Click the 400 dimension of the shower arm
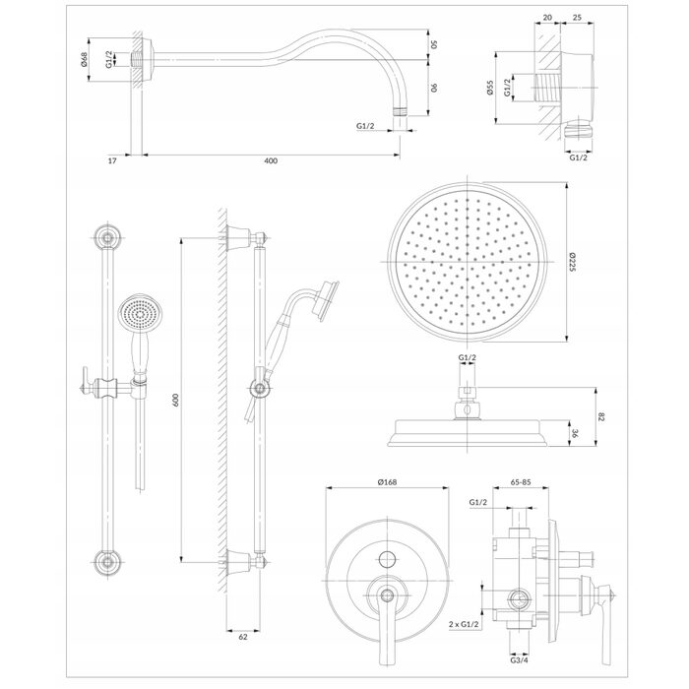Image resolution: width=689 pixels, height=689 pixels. point(271,160)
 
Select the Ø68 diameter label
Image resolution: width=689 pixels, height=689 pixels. point(84,59)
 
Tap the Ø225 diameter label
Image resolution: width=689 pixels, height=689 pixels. point(572,262)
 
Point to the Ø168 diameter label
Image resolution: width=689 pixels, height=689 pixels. point(387,482)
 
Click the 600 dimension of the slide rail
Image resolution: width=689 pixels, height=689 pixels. point(175,400)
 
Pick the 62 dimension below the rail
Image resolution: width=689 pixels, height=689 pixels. point(243,637)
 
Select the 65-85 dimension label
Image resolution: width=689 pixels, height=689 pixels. point(521,482)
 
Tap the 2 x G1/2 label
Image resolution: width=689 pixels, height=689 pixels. point(464,624)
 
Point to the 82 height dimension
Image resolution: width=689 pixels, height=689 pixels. point(601,417)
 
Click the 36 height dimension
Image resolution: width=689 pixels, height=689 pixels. point(575,433)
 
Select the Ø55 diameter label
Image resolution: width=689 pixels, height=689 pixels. point(491,88)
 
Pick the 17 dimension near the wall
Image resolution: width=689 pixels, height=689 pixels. point(112,160)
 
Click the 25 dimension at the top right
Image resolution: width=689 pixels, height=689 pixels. point(578,18)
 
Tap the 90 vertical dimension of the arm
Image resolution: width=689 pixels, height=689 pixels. point(433,88)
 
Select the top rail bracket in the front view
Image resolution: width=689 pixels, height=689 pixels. point(107,238)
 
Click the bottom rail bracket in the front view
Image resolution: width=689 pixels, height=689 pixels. point(107,562)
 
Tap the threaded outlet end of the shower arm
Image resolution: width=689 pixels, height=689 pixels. point(400,110)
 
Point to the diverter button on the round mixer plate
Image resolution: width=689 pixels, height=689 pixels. point(387,559)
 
